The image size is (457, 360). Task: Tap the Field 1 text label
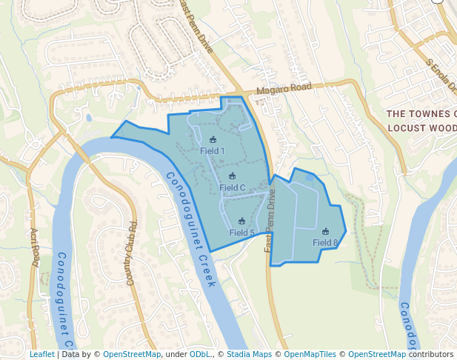tap(213, 151)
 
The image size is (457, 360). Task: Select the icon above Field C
tap(232, 176)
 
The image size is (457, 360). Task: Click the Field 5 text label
tap(241, 233)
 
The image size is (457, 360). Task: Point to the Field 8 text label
tap(325, 242)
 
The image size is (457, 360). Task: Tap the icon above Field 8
tap(325, 231)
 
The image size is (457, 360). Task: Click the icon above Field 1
tap(213, 139)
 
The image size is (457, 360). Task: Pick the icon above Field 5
tap(241, 221)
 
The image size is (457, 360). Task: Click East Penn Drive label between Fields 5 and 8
tap(270, 221)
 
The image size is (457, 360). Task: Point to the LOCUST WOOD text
tap(421, 127)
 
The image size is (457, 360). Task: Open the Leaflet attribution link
tap(41, 354)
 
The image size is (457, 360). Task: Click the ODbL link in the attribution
tap(200, 354)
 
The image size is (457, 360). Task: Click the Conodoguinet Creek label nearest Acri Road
tap(64, 300)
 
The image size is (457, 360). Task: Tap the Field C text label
tap(232, 187)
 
